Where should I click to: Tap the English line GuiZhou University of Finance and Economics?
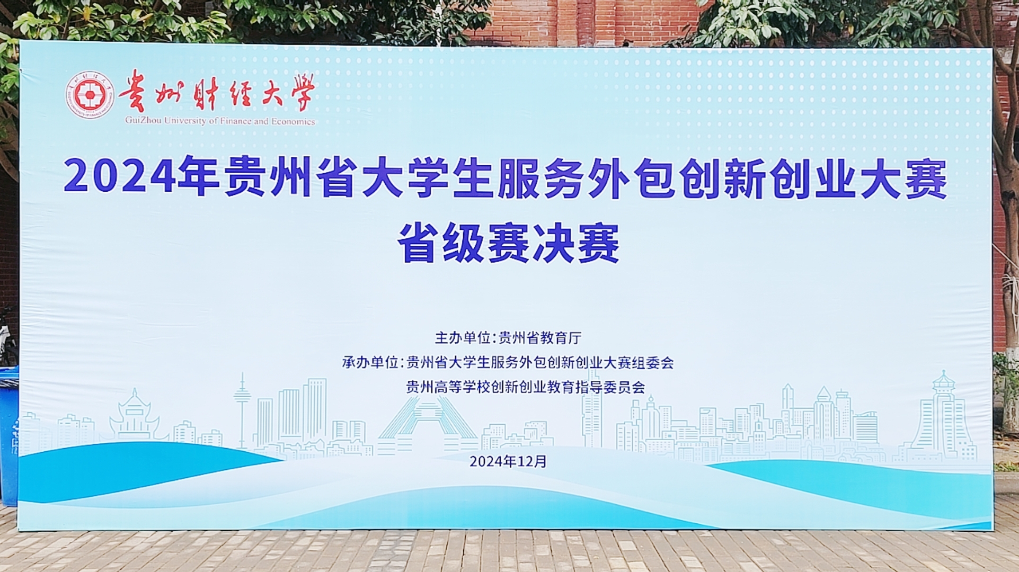coord(220,121)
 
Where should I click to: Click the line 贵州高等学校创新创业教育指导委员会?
coord(525,387)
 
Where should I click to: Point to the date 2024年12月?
coord(508,461)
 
